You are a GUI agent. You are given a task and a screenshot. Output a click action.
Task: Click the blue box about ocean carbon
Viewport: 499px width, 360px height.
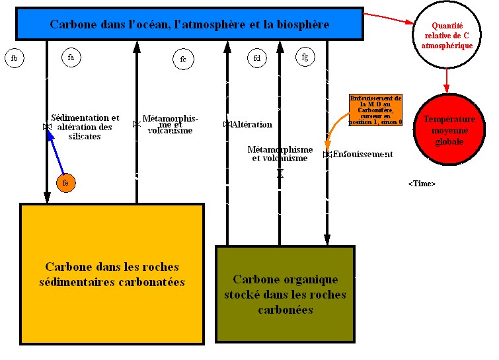pos(189,24)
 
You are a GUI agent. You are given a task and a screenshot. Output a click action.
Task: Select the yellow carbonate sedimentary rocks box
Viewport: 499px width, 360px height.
pos(112,274)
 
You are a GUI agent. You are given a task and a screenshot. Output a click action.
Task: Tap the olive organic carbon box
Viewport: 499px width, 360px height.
pos(285,294)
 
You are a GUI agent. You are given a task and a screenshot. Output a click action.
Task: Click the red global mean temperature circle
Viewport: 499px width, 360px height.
pos(449,130)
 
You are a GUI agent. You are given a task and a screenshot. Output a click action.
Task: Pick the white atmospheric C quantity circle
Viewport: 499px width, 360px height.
pos(447,34)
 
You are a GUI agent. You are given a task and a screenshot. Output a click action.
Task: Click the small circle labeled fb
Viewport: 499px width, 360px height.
pos(15,59)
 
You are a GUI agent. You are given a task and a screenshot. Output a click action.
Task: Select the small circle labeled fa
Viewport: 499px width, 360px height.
pos(71,57)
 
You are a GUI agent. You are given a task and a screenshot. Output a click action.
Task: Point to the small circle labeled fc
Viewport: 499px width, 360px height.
pos(183,59)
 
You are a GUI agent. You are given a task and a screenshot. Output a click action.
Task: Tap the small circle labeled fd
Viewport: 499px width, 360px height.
pos(257,58)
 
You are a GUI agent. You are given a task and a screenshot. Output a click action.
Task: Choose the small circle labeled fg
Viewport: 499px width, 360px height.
pos(305,57)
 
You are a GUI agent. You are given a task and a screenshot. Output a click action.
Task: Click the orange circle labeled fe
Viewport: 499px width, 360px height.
pos(65,182)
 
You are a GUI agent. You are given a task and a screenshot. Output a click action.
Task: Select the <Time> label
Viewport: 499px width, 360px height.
pos(422,184)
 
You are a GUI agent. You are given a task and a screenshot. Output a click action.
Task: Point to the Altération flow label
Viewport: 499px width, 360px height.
pos(252,124)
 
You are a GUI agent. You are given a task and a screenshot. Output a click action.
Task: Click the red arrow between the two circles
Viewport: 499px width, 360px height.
pos(447,79)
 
